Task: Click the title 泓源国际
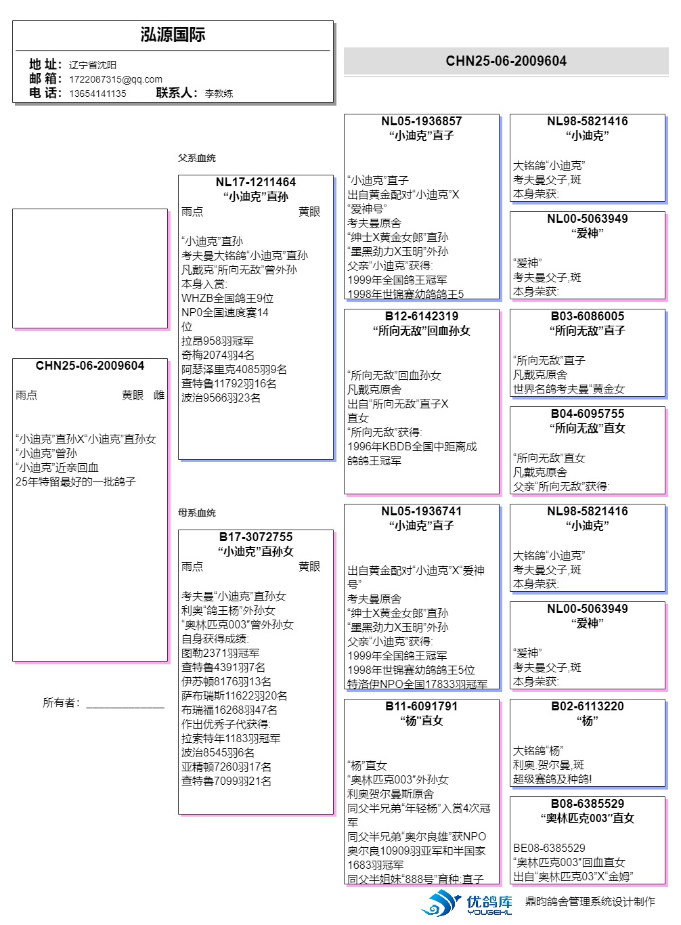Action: [x=173, y=35]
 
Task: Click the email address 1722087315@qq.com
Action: [x=116, y=79]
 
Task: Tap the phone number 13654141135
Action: [x=97, y=93]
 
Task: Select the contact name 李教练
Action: [x=219, y=93]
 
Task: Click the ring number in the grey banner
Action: [x=506, y=61]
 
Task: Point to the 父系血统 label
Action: [x=197, y=158]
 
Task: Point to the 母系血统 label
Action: [x=197, y=513]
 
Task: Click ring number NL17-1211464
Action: [x=256, y=182]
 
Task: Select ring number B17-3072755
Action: [x=256, y=537]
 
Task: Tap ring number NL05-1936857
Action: [x=422, y=121]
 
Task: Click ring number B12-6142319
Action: [x=422, y=316]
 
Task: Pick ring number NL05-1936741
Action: [x=422, y=511]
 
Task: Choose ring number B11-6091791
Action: [x=422, y=706]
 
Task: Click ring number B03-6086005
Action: [x=588, y=316]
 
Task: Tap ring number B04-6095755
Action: [x=588, y=414]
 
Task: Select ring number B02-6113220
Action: [x=588, y=706]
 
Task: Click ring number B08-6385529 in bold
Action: [x=588, y=804]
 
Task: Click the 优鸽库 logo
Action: [x=466, y=903]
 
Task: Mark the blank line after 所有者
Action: [x=125, y=708]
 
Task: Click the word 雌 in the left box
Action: [x=159, y=395]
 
